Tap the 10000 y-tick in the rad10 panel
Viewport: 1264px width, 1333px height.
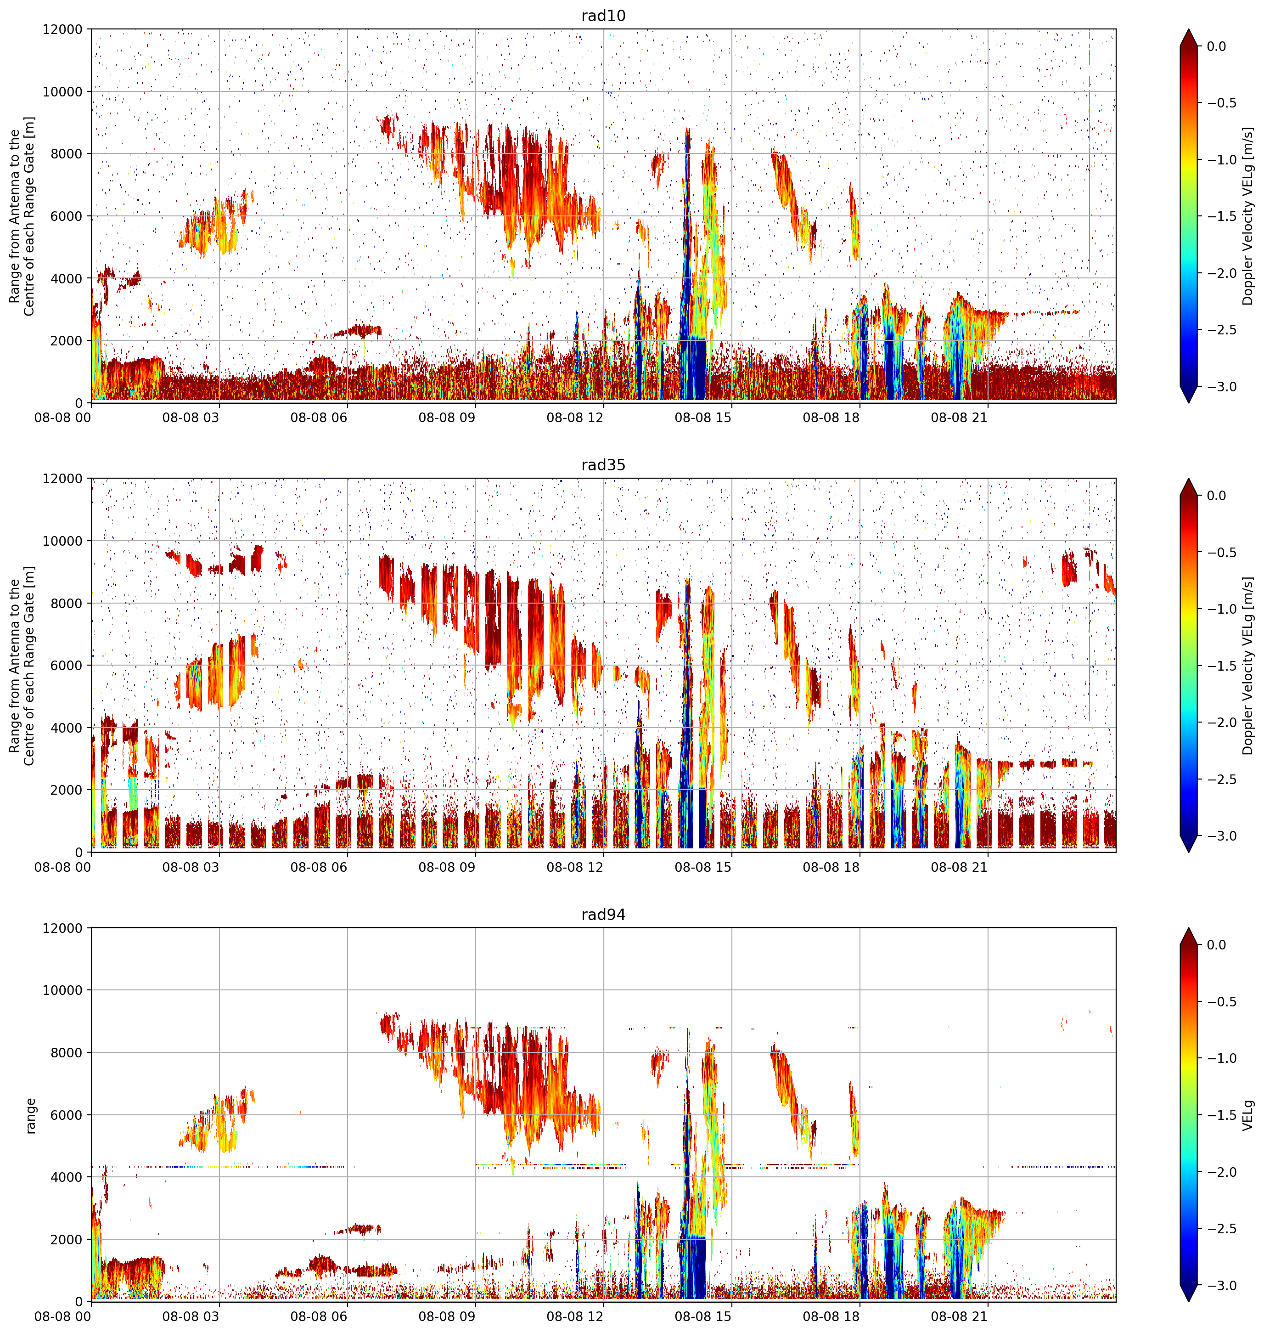click(62, 92)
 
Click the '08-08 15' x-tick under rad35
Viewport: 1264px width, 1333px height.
click(703, 867)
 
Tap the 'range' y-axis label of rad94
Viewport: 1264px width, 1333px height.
click(30, 1115)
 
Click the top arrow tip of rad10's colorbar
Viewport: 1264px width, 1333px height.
click(1189, 29)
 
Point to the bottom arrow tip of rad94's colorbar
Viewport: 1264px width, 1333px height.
click(1189, 1302)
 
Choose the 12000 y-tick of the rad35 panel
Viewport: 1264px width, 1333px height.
click(62, 479)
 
